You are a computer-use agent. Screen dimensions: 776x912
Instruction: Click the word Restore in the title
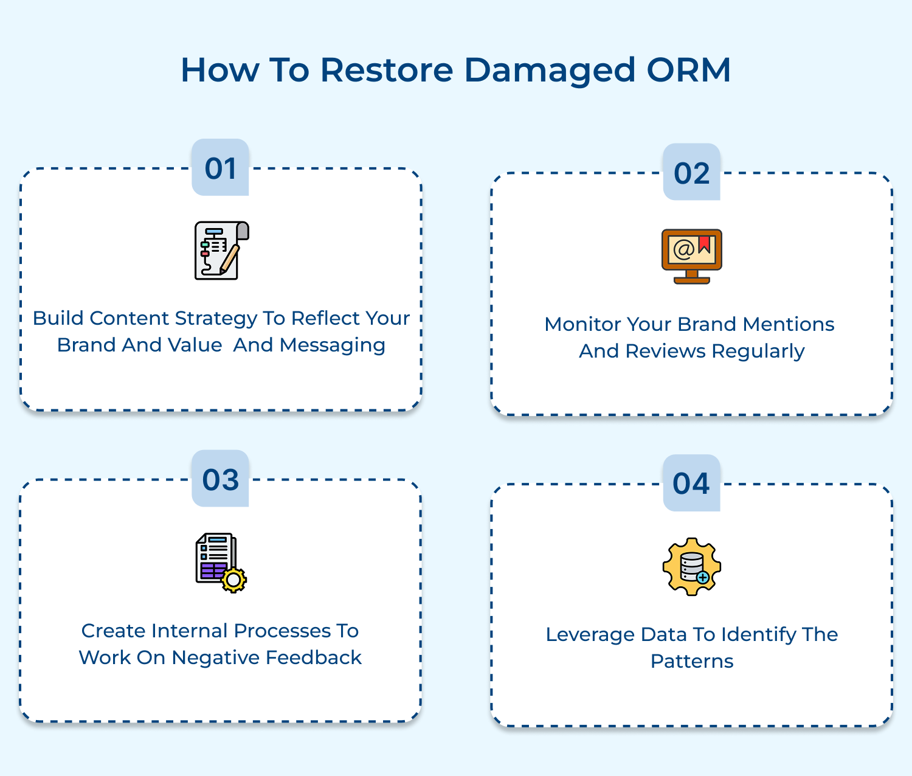(387, 70)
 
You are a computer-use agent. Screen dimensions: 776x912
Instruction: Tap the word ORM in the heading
(688, 70)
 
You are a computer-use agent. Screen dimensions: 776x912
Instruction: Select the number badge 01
(220, 168)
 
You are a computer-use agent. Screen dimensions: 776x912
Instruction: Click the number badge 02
(691, 173)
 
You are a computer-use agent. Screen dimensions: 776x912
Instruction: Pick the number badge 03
(220, 479)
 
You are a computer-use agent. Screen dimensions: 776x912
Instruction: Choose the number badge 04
(691, 483)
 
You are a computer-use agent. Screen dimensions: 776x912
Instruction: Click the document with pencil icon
(221, 251)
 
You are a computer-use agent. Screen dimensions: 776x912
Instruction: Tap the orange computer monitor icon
(691, 256)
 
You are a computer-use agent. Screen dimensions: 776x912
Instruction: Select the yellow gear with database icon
(691, 567)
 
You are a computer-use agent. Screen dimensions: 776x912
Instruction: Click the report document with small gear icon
(221, 563)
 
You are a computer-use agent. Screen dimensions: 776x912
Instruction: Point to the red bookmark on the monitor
(705, 244)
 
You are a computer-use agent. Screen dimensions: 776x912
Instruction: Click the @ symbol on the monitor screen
(683, 249)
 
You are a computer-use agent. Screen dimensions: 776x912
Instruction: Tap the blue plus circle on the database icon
(703, 578)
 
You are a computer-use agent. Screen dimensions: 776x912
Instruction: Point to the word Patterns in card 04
(692, 661)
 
